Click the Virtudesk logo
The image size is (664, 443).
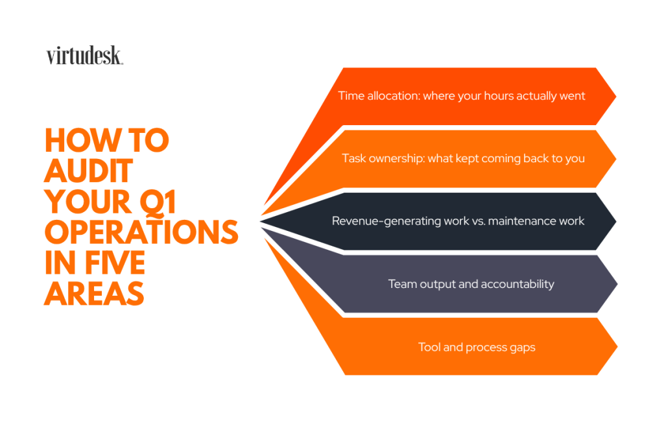[x=84, y=56]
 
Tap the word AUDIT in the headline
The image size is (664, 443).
[x=88, y=172]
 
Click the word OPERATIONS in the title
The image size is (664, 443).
[x=141, y=233]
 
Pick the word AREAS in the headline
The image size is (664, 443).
[x=94, y=294]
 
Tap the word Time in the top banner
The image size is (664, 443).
[x=351, y=96]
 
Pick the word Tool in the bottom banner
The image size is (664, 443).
[x=430, y=347]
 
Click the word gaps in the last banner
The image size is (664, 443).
[x=522, y=348]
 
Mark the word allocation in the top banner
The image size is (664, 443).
[x=393, y=96]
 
